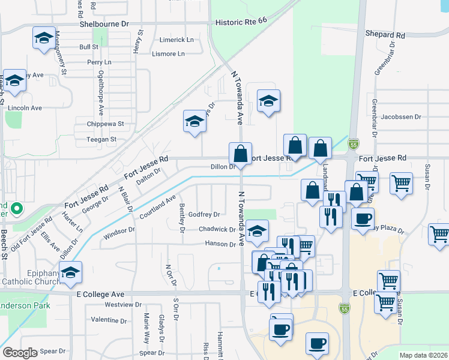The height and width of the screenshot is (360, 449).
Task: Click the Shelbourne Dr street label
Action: tap(105, 24)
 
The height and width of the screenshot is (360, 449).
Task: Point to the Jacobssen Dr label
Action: tap(401, 117)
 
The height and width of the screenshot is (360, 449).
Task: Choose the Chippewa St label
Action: tap(104, 124)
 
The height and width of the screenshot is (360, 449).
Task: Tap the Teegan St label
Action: tap(101, 139)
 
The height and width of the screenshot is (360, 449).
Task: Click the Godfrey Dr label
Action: tap(204, 214)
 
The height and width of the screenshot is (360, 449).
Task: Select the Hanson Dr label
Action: tap(220, 244)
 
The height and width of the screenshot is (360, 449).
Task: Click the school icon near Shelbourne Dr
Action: tap(44, 39)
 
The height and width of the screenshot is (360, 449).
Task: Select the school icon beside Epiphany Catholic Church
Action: tap(71, 273)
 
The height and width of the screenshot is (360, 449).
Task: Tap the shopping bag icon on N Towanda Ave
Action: tap(240, 154)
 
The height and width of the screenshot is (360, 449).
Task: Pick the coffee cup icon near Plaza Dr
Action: tap(362, 219)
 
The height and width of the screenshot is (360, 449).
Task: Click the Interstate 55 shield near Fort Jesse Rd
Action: tap(354, 145)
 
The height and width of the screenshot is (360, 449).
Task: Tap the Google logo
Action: tap(20, 353)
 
